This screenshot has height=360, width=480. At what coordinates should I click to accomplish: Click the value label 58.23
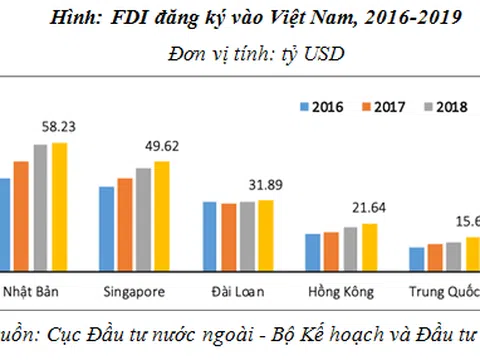59,128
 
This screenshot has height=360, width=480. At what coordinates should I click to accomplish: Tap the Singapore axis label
135,293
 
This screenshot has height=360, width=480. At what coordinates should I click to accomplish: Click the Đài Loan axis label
238,293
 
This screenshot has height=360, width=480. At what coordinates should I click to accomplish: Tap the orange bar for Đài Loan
229,238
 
